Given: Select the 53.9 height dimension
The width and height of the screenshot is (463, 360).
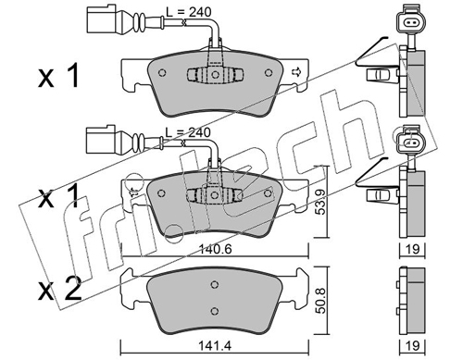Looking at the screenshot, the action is coord(321,203).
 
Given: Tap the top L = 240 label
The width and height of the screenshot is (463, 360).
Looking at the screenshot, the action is coord(189,12).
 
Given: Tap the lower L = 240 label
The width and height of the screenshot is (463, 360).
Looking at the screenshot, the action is coord(188,132).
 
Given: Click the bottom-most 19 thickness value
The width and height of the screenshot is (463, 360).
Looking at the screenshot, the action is coord(413,346).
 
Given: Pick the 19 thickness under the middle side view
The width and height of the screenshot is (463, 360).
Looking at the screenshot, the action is coord(413,250).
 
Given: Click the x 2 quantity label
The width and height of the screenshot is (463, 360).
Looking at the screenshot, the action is coord(60,289).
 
